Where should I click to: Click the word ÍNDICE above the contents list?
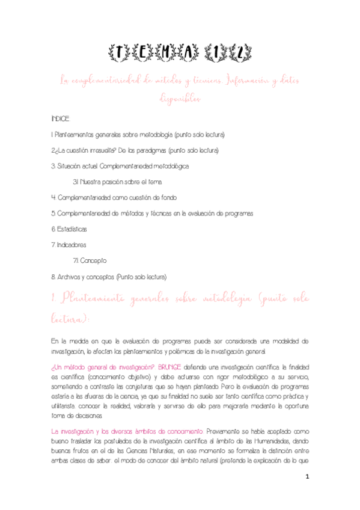61,120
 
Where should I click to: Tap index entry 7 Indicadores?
69,245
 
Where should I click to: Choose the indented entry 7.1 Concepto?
90,260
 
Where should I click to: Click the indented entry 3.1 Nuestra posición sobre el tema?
117,182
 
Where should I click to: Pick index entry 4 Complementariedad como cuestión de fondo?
114,197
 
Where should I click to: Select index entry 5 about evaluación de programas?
152,213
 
